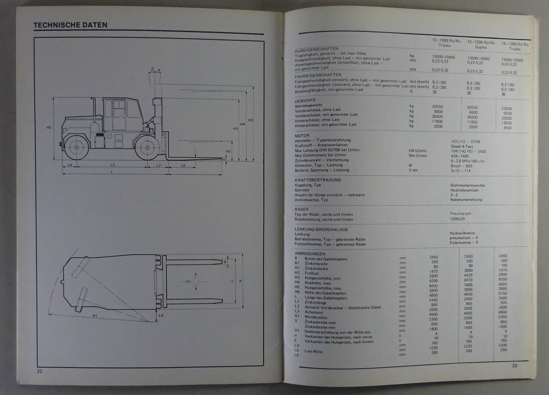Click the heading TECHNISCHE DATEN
[70, 25]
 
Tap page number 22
[39, 371]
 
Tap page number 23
[514, 366]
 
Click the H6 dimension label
[49, 128]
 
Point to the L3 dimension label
[112, 165]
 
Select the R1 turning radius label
[95, 316]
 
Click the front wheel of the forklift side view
[147, 147]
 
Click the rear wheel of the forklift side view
[75, 147]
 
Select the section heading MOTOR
[302, 136]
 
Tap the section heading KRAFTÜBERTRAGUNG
[318, 180]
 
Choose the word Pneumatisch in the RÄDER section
[460, 213]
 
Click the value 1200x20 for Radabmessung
[457, 219]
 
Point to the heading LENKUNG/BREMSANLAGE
[321, 229]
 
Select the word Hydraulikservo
[462, 233]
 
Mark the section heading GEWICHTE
[305, 101]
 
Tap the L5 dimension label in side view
[183, 165]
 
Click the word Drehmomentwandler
[468, 185]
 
